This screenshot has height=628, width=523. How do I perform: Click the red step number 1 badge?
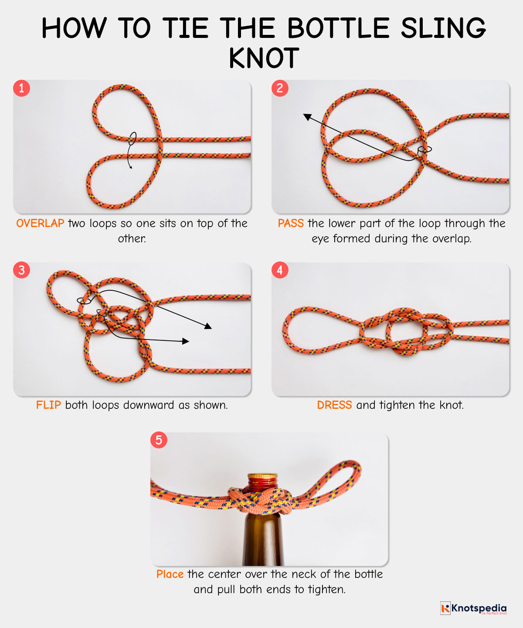pos(21,88)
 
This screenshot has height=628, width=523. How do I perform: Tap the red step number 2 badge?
pos(280,88)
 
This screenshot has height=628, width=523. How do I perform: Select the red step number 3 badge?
pos(21,270)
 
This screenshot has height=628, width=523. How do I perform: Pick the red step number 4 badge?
pos(280,270)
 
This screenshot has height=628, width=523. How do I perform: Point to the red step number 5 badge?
pos(159,440)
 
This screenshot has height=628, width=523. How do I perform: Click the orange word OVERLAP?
pos(40,224)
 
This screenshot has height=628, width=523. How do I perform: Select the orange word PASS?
pos(291,224)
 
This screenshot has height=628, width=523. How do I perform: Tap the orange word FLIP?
pos(48,405)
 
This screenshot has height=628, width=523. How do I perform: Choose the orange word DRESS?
pos(334,405)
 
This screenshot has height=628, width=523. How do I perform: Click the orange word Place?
pos(170,574)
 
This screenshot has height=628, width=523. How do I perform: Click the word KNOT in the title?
pos(264,59)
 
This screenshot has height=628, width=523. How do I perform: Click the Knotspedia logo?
pos(473,608)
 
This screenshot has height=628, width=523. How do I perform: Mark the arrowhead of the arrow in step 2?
pos(307,116)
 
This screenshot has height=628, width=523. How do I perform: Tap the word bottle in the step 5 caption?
pos(368,574)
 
